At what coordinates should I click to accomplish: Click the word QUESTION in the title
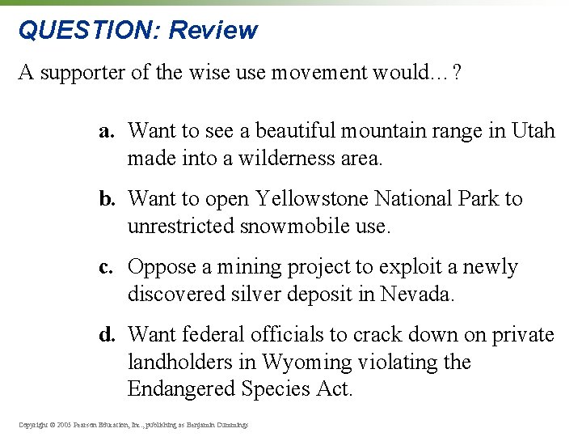(x=90, y=30)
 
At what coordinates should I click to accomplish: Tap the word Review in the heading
(x=213, y=30)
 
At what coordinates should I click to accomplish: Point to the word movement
(x=318, y=73)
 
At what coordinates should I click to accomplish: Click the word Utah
(x=533, y=131)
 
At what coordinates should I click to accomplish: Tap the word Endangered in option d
(x=183, y=389)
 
